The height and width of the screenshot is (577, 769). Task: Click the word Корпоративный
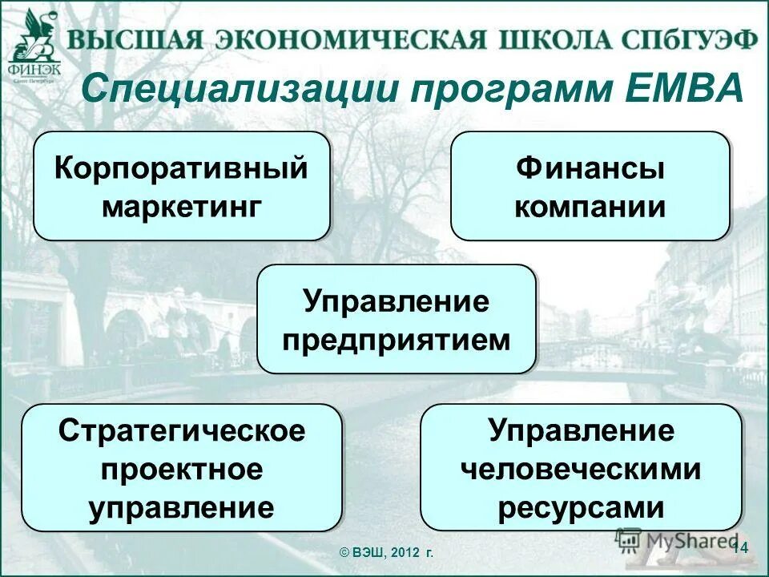181,169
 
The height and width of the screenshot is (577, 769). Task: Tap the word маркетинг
182,207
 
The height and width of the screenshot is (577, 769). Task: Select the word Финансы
590,169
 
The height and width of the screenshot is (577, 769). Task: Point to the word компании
590,207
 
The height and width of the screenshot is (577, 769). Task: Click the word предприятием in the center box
396,340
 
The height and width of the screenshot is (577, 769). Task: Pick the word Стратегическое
182,431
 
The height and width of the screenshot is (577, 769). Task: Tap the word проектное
182,469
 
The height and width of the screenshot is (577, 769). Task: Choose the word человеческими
581,469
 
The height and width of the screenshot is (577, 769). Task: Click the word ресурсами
581,507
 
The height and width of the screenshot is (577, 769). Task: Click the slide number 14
739,547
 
